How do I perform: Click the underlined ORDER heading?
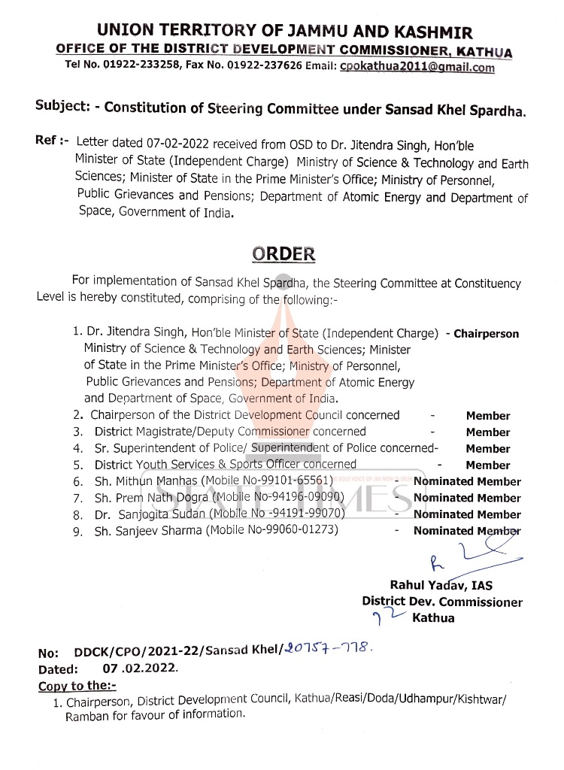284,253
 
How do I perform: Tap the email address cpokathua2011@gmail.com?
417,66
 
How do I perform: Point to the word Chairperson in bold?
487,334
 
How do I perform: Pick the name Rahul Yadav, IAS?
441,586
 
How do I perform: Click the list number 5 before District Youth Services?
77,465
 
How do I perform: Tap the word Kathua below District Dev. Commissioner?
433,619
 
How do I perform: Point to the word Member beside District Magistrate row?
487,432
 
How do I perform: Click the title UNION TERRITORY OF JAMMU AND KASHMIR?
284,32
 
